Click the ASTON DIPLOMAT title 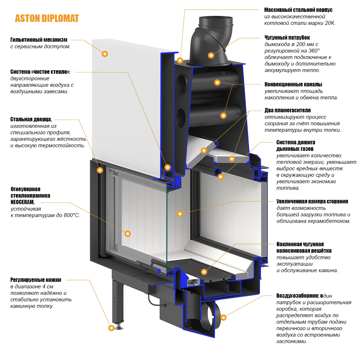pos(47,18)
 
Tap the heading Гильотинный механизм pos(39,40)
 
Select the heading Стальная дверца pos(31,119)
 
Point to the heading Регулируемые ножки pos(36,280)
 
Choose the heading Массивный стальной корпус pos(298,10)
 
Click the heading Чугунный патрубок pos(287,37)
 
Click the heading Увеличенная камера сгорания pos(312,201)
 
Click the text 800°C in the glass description pos(70,215)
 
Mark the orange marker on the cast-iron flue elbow pos(211,55)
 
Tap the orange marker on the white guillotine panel pos(105,54)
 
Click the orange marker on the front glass pos(127,233)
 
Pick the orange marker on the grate pos(204,272)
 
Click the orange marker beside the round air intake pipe pos(223,318)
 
